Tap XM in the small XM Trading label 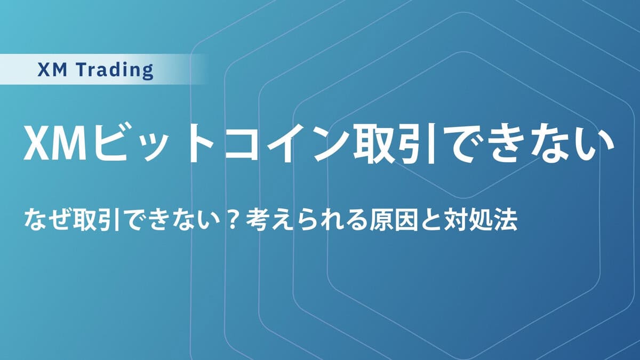click(x=52, y=70)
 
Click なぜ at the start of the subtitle click(x=47, y=221)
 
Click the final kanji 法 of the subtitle click(x=506, y=221)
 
